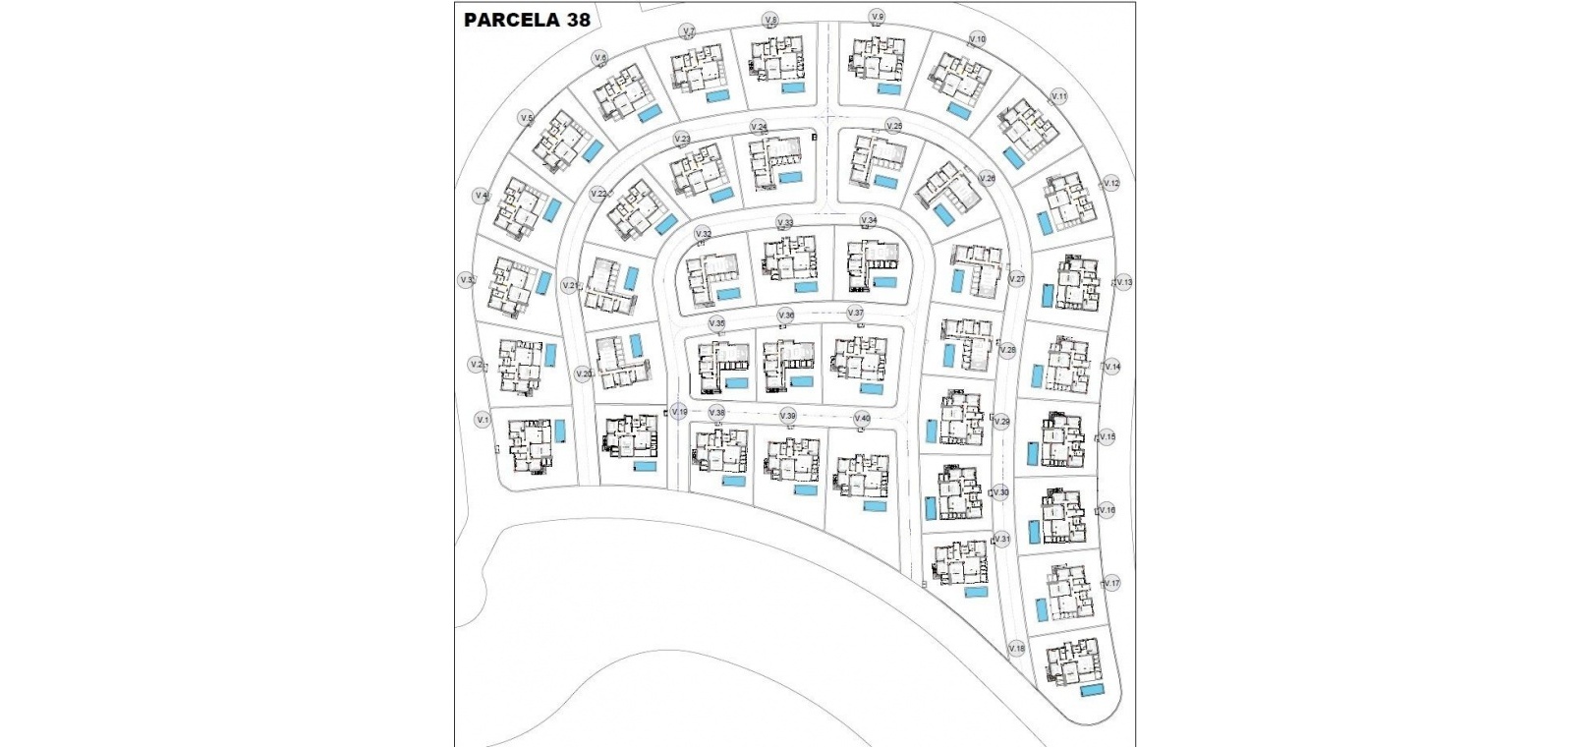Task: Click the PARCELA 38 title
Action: click(x=526, y=20)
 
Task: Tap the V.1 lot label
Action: click(x=483, y=420)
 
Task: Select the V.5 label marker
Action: click(x=526, y=119)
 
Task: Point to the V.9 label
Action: click(x=878, y=17)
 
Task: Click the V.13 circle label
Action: click(x=1124, y=282)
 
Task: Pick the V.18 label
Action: click(x=1016, y=648)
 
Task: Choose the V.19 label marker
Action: click(x=679, y=412)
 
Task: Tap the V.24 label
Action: click(x=759, y=127)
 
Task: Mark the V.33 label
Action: click(x=784, y=222)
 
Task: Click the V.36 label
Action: click(x=785, y=315)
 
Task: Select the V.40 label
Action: click(x=862, y=418)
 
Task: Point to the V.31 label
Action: click(x=1001, y=540)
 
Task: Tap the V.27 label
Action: click(x=1017, y=279)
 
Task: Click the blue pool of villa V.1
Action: click(x=560, y=431)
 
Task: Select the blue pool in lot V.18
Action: click(x=1091, y=691)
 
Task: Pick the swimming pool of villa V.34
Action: click(x=884, y=282)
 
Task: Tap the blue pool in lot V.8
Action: click(x=793, y=87)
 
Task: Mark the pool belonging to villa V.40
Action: click(x=874, y=505)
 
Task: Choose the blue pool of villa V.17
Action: click(x=1042, y=609)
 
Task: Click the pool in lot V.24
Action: click(x=792, y=178)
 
